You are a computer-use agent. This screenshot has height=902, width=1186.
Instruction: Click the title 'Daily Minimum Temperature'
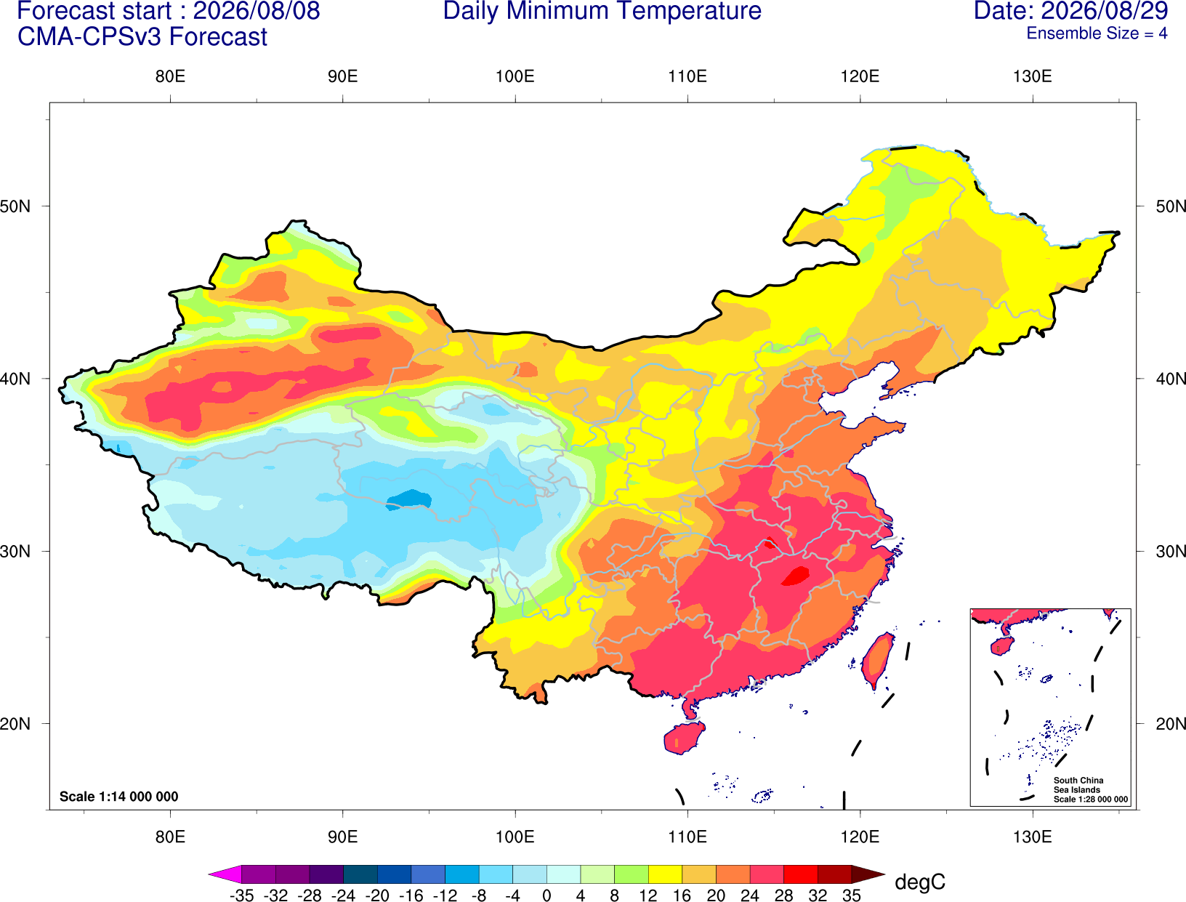602,11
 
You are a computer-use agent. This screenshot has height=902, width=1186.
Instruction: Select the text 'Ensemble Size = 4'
1097,33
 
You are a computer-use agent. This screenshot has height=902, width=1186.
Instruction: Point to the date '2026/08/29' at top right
1105,11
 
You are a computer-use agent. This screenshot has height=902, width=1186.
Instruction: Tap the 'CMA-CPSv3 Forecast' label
142,37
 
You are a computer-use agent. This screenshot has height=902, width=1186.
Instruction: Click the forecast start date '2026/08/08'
256,11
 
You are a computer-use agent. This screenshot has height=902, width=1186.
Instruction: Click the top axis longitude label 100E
515,76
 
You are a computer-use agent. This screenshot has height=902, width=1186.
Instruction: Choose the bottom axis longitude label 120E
860,837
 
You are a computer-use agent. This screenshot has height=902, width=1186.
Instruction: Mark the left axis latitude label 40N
15,379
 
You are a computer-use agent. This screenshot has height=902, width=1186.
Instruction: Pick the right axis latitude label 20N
1171,724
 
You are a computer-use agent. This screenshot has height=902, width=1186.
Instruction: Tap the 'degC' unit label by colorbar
919,882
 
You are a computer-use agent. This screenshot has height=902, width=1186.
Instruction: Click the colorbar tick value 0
546,895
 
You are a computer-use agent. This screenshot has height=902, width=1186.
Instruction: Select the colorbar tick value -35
241,895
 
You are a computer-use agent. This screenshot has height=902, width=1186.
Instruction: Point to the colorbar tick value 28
783,895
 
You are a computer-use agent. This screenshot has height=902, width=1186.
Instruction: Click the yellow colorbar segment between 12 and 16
665,874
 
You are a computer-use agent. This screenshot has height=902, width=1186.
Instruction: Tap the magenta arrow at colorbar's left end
225,874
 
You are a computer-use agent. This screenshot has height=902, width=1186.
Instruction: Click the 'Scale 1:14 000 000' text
119,797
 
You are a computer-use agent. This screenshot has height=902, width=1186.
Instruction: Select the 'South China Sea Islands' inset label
1078,785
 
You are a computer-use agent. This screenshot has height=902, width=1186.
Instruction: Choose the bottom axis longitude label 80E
170,837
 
